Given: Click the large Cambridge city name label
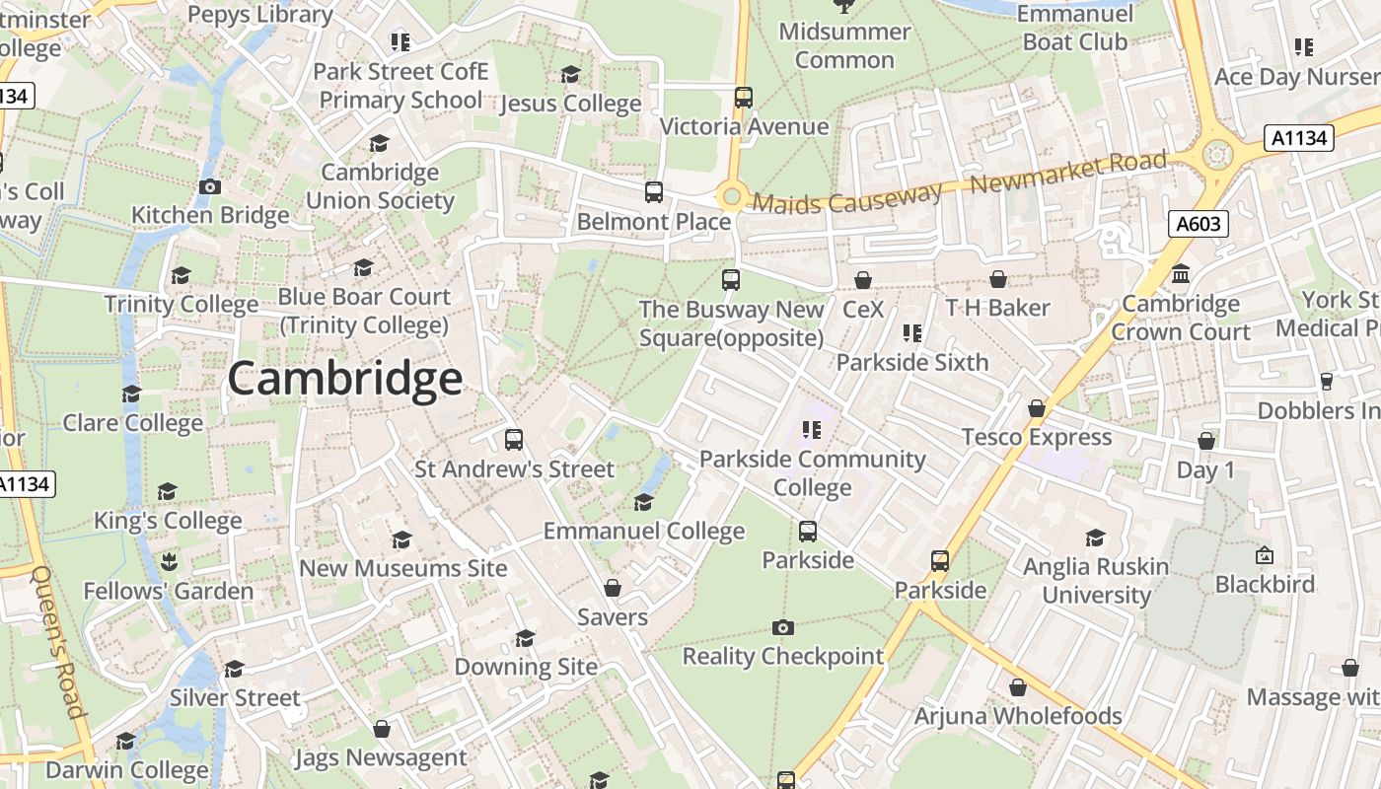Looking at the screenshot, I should point(344,379).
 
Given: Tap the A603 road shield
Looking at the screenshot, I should point(1199,224).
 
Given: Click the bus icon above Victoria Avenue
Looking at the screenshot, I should point(744,98).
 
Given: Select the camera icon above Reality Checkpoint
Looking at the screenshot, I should point(782,627).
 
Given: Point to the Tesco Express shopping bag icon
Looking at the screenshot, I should point(1037,408).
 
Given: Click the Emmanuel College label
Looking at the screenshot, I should point(644,532).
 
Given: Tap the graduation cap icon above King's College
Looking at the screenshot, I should point(168,491).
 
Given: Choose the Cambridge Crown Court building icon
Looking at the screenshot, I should point(1181,274).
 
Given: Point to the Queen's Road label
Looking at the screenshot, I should point(59,641).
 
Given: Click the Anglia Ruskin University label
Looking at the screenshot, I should point(1096,581).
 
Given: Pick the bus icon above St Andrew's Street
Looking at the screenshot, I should point(514,440).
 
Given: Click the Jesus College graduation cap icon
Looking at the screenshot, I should point(570,75).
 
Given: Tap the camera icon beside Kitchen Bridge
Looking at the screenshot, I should point(209,186).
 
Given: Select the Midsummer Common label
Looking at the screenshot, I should point(844,45).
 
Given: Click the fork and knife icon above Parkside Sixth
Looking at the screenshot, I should point(912,333).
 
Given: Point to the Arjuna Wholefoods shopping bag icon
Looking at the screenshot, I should point(1018,687).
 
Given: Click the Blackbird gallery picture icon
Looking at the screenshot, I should point(1265,556).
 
